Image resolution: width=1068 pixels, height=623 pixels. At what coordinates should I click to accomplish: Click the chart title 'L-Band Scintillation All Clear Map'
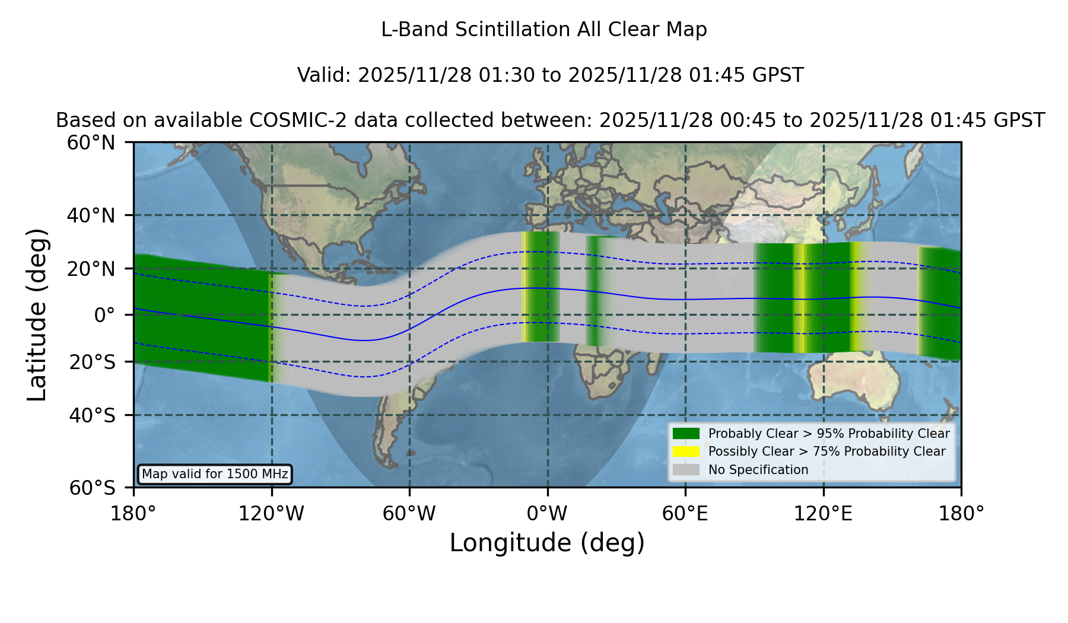543,30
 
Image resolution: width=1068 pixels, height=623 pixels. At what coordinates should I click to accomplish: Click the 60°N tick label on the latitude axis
91,143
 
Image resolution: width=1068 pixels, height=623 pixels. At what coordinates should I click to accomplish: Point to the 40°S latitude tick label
92,415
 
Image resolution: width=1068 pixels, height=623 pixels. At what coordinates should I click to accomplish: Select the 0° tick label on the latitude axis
105,315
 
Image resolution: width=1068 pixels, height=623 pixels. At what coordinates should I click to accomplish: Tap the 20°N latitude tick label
91,269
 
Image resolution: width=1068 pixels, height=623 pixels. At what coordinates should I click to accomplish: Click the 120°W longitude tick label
271,514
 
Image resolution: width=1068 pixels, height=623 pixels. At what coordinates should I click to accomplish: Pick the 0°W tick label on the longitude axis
547,514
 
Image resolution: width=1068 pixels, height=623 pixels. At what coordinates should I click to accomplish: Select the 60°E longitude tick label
685,514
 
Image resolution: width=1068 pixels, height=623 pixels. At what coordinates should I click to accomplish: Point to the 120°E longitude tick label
823,514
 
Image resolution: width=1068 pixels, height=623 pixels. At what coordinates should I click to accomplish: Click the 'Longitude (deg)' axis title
547,543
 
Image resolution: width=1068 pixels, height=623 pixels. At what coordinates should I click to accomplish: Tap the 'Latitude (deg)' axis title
37,314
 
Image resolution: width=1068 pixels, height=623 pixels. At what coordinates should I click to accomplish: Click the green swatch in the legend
686,434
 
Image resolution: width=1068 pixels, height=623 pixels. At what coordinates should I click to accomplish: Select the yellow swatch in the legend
686,452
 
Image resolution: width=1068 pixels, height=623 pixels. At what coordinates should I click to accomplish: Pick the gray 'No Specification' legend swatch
686,470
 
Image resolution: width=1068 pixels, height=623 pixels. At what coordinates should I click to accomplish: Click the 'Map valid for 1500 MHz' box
215,474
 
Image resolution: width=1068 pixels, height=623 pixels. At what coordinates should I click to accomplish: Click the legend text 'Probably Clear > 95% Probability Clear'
829,434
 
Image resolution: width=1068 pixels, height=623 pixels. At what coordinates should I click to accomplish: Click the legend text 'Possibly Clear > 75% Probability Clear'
827,452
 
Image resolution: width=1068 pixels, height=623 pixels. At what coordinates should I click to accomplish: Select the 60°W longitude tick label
409,514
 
